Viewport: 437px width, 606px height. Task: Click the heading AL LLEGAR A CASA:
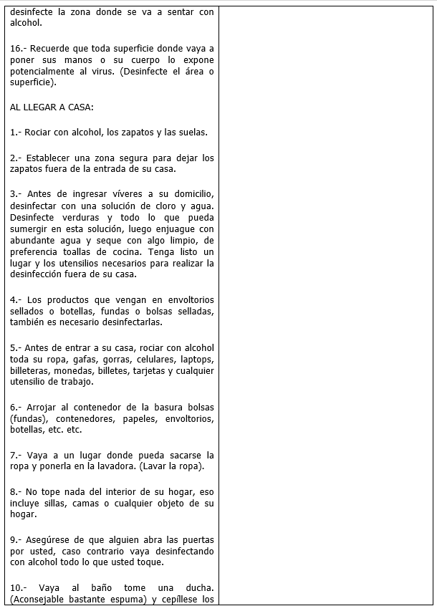point(52,107)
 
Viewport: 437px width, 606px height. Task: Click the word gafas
point(86,359)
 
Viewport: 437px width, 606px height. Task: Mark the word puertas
point(198,539)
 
